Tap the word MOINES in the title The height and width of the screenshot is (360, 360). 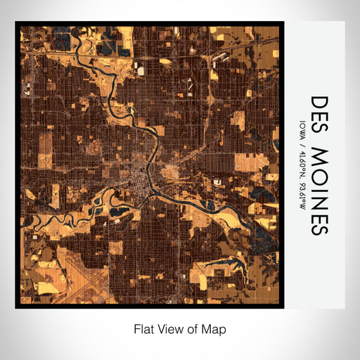[x=319, y=190]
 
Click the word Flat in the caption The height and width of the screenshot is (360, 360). [x=142, y=328]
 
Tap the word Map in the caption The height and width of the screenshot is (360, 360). [x=217, y=328]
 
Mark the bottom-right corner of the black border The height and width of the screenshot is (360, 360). [x=283, y=307]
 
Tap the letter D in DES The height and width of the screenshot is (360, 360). [x=319, y=103]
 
